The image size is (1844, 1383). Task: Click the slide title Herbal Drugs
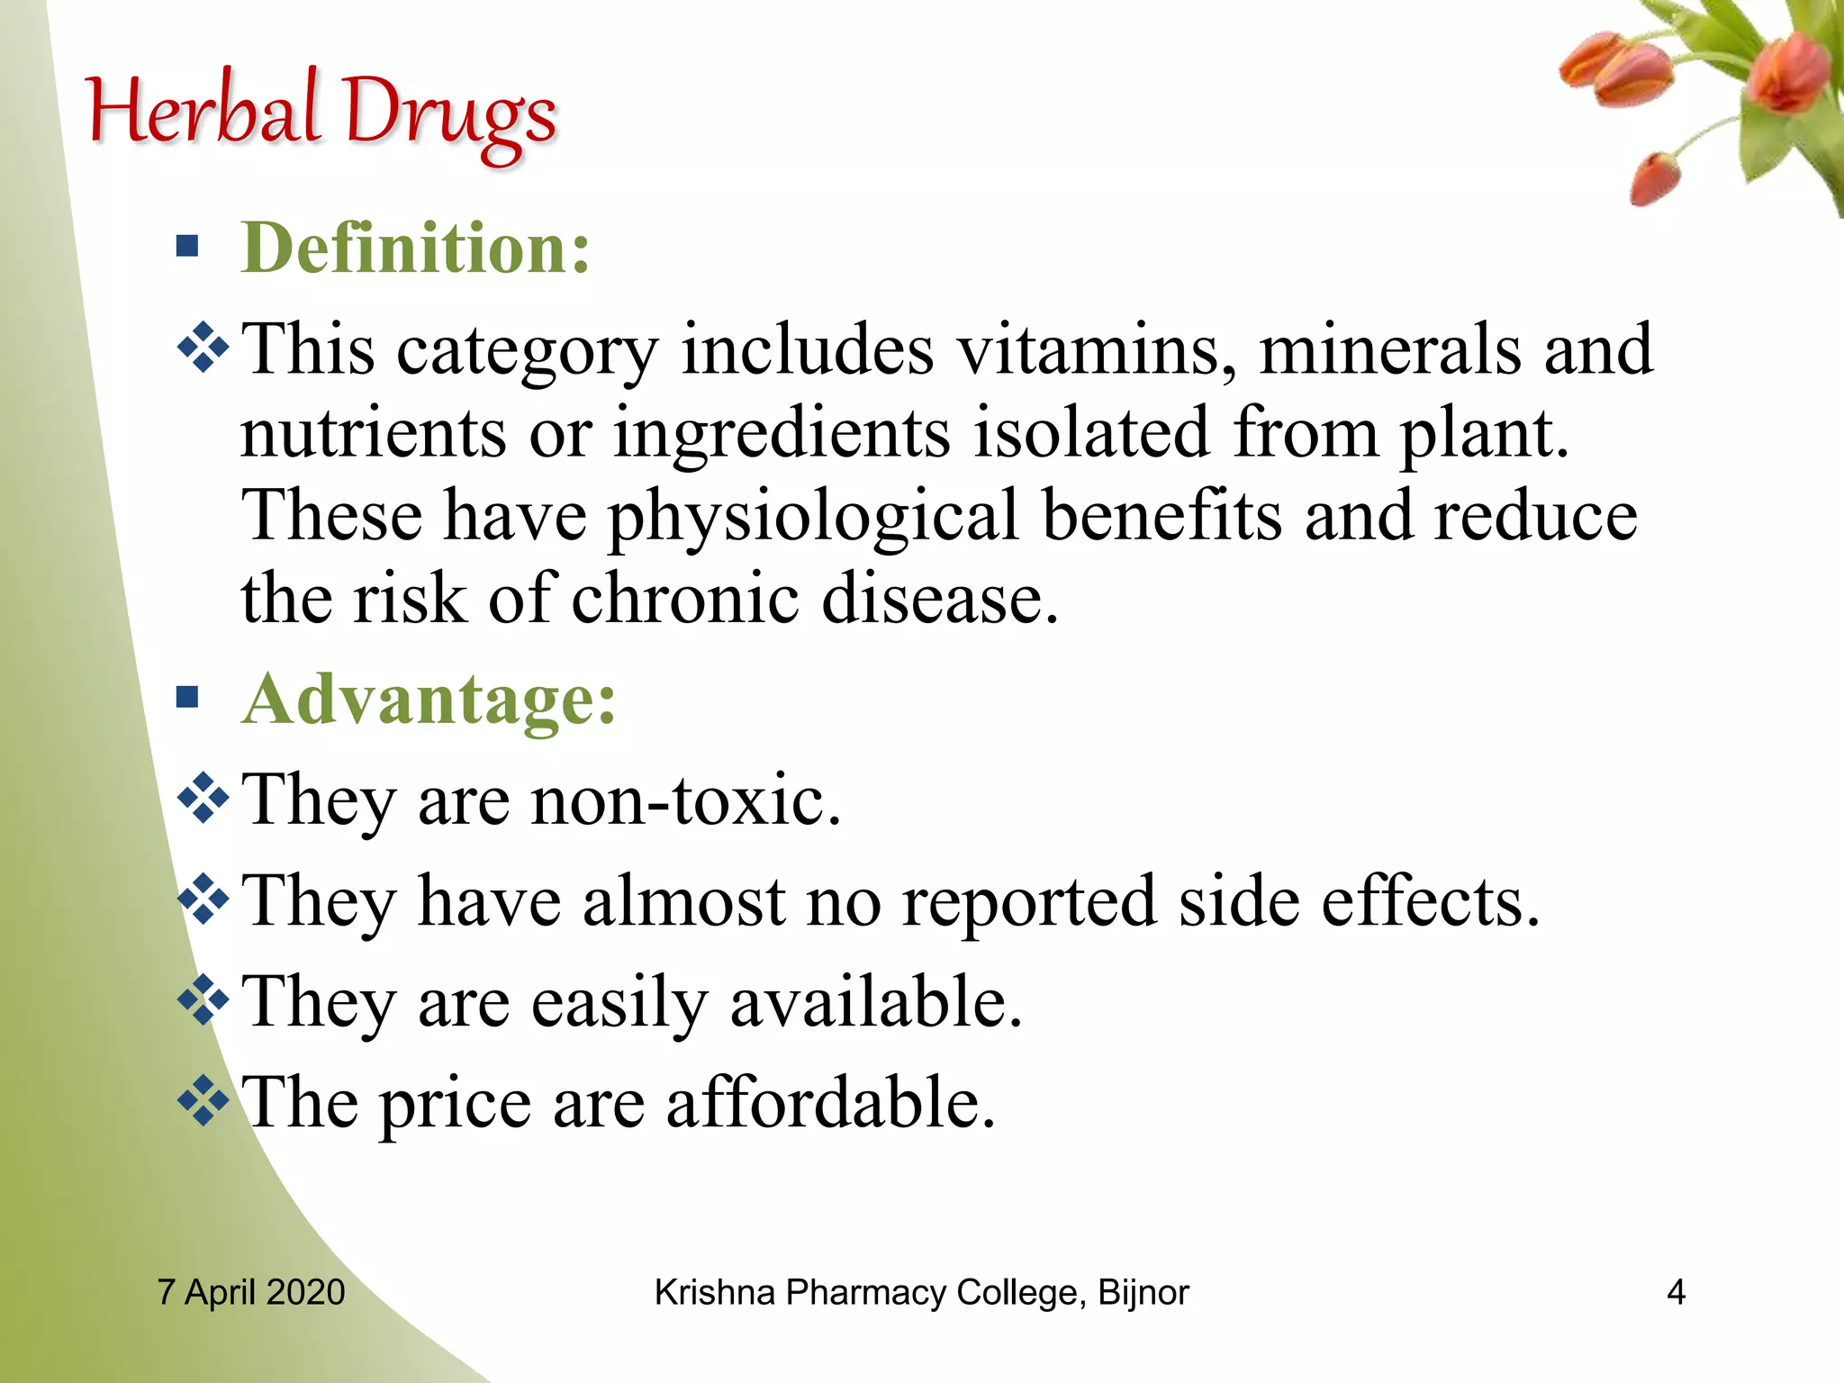(x=321, y=114)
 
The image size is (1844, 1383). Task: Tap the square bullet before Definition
(x=187, y=246)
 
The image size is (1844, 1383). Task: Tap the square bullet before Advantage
(x=187, y=697)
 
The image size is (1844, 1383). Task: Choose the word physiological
(x=814, y=517)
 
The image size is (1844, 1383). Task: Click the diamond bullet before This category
(x=203, y=347)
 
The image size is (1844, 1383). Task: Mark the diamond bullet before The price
(x=203, y=1100)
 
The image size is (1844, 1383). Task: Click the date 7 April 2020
(x=251, y=1292)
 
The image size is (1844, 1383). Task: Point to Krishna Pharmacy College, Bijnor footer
(x=921, y=1292)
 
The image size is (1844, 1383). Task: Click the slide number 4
(x=1676, y=1292)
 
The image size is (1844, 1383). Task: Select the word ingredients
(x=782, y=435)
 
